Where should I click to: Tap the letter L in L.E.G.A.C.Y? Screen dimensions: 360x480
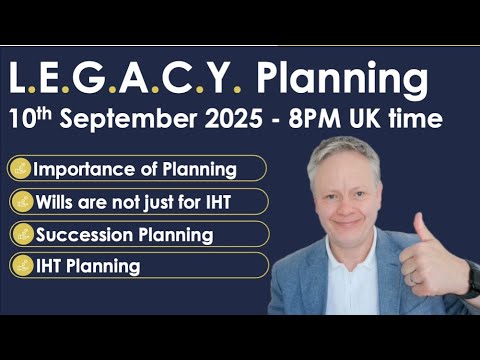[20, 78]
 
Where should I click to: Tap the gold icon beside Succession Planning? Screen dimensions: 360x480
[21, 235]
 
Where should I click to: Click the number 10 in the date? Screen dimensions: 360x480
[21, 118]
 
